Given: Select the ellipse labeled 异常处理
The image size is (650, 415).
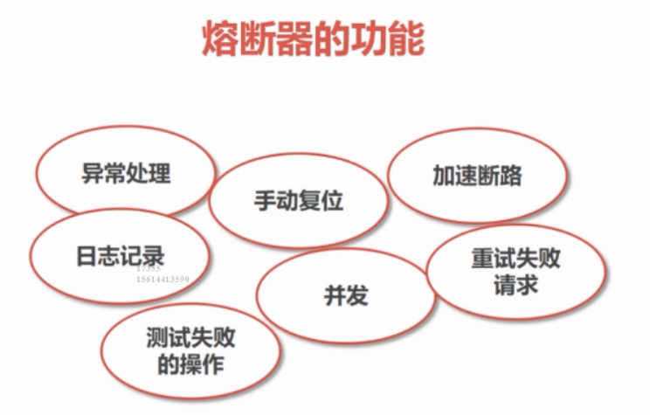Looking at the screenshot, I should click(127, 173).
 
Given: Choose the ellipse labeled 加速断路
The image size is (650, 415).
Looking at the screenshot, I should click(477, 176).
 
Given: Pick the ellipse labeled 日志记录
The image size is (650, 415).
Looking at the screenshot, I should click(120, 255).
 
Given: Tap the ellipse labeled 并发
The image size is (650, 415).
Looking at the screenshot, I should click(346, 296).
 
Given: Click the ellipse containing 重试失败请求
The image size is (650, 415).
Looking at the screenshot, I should click(515, 272).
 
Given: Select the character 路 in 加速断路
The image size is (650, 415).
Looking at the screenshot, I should click(511, 176).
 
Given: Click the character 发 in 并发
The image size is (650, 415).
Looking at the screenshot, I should click(357, 296).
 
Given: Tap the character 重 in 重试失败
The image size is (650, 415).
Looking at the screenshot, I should click(481, 259).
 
